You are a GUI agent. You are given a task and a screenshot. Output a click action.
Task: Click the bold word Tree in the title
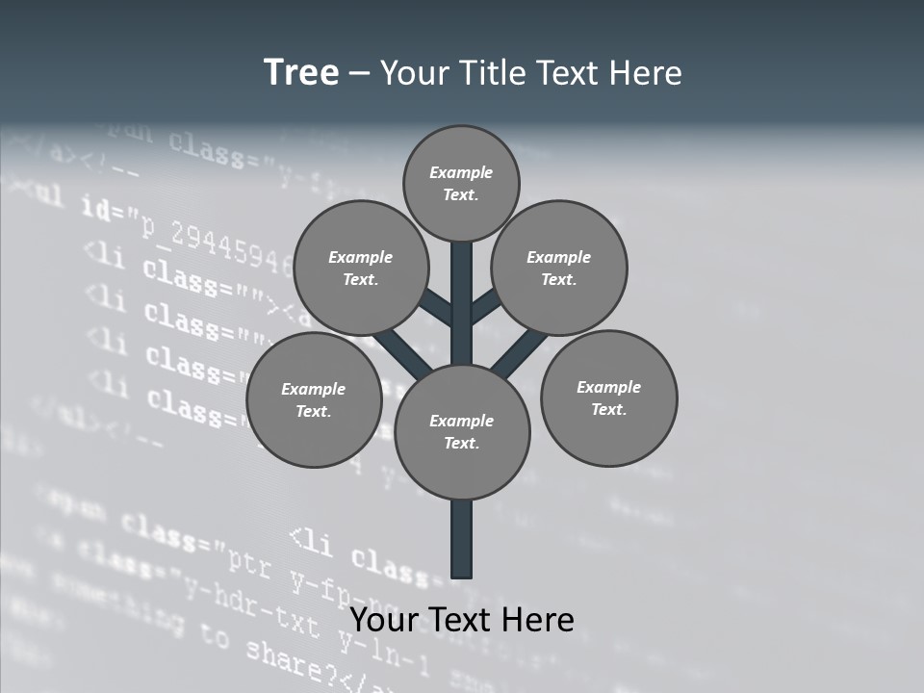301,73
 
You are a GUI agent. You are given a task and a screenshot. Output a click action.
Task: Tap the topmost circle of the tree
461,183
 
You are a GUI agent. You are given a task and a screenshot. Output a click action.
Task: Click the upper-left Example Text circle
360,268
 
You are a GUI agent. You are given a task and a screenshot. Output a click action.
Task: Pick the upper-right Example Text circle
559,268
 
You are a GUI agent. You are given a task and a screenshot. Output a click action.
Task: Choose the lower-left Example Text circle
313,399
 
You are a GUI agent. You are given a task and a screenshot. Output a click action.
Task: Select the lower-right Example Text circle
608,398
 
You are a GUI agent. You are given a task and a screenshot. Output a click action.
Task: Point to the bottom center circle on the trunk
462,431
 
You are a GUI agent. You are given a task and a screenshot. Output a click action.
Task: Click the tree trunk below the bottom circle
462,539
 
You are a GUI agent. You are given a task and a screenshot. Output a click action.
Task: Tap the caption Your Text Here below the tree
462,619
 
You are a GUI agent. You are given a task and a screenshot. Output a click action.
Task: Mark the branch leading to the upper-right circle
486,307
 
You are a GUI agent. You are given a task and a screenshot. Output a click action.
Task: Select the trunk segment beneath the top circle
462,289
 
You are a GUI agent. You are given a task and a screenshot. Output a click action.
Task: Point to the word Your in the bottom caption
382,619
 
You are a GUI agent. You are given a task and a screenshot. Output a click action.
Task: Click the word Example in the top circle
461,172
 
